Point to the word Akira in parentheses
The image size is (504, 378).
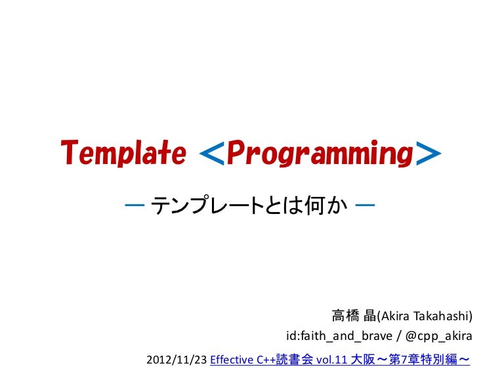point(394,317)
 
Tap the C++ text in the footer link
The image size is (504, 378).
point(266,360)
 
